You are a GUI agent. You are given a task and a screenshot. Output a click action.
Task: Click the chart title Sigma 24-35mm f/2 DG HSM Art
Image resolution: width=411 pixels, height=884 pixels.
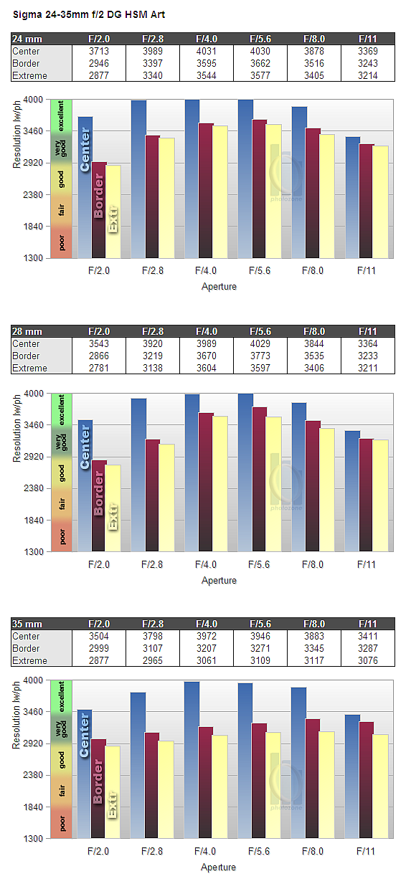(89, 15)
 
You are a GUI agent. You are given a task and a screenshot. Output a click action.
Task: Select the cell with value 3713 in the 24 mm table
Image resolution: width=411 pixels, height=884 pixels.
(99, 52)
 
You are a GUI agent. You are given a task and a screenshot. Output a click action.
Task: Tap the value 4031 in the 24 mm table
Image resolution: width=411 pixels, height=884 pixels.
(207, 52)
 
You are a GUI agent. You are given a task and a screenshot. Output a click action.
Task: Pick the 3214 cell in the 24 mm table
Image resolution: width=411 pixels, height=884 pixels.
(367, 76)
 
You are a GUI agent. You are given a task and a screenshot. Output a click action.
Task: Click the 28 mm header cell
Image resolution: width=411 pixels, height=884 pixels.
(27, 331)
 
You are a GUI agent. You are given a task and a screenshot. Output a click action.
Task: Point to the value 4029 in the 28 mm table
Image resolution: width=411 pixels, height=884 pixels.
(260, 343)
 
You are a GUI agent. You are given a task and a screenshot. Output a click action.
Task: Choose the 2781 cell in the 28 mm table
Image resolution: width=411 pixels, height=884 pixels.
(99, 369)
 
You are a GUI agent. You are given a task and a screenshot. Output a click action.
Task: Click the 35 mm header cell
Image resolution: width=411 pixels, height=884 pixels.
(27, 624)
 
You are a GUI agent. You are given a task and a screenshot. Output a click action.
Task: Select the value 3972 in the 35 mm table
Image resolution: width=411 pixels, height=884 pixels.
(207, 636)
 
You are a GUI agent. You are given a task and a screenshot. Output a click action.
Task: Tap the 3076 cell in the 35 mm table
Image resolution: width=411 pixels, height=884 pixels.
(367, 660)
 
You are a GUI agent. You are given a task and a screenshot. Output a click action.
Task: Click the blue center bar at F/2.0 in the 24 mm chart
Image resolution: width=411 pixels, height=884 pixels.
(85, 187)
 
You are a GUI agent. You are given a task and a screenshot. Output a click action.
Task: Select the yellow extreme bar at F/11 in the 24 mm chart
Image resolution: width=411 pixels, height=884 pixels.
(381, 202)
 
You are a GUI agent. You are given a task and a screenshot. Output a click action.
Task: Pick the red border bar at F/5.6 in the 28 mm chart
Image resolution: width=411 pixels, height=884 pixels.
(260, 479)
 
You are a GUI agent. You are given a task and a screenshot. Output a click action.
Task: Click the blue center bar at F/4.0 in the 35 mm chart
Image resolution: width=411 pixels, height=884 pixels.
(192, 760)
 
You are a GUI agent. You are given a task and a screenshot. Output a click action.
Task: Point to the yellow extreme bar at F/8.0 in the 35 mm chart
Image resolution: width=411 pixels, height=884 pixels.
(327, 784)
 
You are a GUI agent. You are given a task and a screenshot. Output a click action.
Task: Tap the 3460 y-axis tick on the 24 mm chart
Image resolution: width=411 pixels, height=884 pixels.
(33, 131)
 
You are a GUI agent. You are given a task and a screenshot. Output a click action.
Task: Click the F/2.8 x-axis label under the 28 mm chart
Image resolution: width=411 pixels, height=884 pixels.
(152, 565)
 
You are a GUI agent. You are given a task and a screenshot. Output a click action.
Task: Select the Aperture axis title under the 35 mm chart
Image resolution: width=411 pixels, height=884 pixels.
(218, 867)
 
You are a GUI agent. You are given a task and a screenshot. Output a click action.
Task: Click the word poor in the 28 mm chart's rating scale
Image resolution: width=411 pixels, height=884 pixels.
(62, 537)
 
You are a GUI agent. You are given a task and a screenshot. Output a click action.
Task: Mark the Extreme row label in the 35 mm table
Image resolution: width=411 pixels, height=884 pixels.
(29, 660)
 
